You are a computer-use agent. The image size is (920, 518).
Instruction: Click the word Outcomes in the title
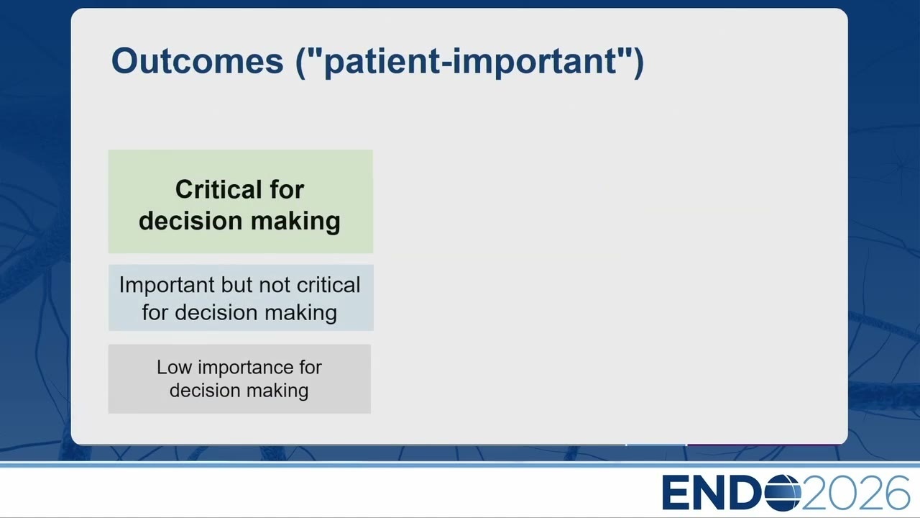coord(197,61)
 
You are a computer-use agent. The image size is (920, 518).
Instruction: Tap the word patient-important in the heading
coord(471,62)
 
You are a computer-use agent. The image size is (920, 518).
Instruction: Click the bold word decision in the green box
coord(190,221)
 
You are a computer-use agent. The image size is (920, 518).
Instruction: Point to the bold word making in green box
coord(295,222)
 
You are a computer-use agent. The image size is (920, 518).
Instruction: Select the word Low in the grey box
coord(174,367)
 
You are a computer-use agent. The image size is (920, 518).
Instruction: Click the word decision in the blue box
coord(216,312)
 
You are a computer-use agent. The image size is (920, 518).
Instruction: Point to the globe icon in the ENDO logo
coord(783,492)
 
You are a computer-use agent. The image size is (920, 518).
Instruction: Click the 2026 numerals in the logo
coord(856,492)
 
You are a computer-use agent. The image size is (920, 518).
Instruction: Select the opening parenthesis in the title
coord(300,63)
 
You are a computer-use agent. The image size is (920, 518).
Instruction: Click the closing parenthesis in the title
coord(639,63)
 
